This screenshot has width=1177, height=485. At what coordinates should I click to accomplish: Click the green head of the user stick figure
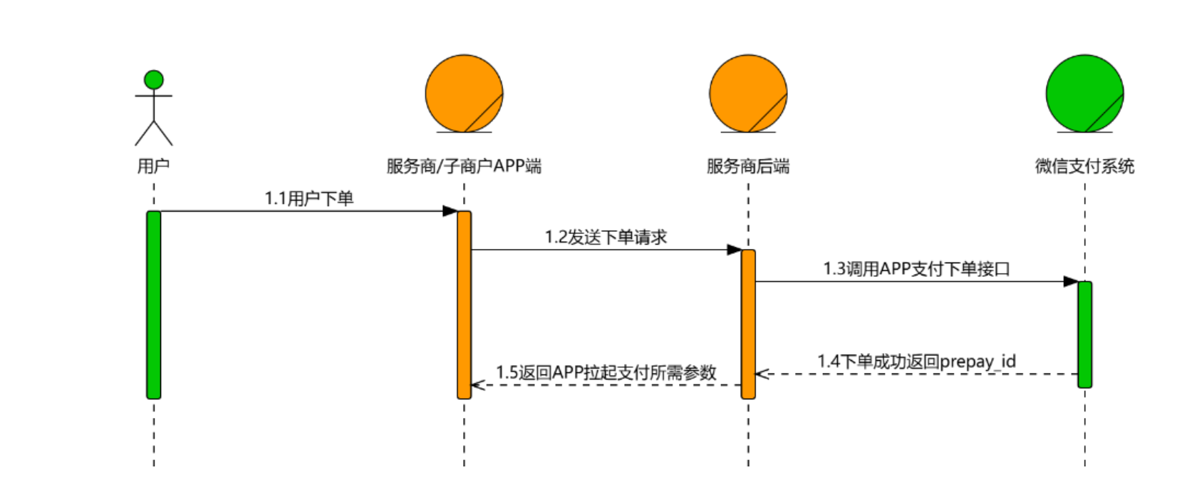pos(154,79)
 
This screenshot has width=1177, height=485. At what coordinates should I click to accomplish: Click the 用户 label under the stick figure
pos(154,166)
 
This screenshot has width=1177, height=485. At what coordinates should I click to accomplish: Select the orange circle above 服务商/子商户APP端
pos(464,93)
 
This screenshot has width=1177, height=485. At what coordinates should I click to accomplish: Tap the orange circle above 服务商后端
pos(748,93)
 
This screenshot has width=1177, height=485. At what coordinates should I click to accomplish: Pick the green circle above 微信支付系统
pos(1084,93)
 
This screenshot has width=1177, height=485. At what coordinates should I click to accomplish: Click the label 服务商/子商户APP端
pos(464,166)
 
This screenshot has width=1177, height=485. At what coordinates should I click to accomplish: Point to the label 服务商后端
pos(748,166)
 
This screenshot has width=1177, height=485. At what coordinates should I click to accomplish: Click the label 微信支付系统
pos(1084,166)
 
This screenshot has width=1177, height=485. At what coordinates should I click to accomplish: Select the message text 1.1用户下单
pos(309,198)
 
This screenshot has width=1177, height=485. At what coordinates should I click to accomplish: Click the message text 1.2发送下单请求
pos(606,237)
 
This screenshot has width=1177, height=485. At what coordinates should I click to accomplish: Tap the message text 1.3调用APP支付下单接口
pos(916,269)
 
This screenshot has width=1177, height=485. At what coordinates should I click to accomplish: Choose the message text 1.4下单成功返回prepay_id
pos(916,362)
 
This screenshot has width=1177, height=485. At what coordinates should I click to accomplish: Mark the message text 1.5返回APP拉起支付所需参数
pos(606,372)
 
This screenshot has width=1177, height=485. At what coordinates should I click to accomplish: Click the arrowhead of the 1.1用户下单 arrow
pos(450,211)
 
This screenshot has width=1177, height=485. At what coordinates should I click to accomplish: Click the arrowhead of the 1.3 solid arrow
pos(1070,282)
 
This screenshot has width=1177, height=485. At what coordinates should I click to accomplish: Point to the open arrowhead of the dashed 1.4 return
pos(762,374)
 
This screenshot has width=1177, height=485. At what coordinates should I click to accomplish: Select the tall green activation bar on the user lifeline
pos(154,305)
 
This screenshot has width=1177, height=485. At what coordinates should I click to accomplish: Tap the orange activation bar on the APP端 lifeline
pos(464,305)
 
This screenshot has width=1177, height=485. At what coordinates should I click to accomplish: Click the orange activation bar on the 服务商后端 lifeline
pos(748,324)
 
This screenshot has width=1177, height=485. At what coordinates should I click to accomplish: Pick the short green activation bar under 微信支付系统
pos(1084,334)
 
